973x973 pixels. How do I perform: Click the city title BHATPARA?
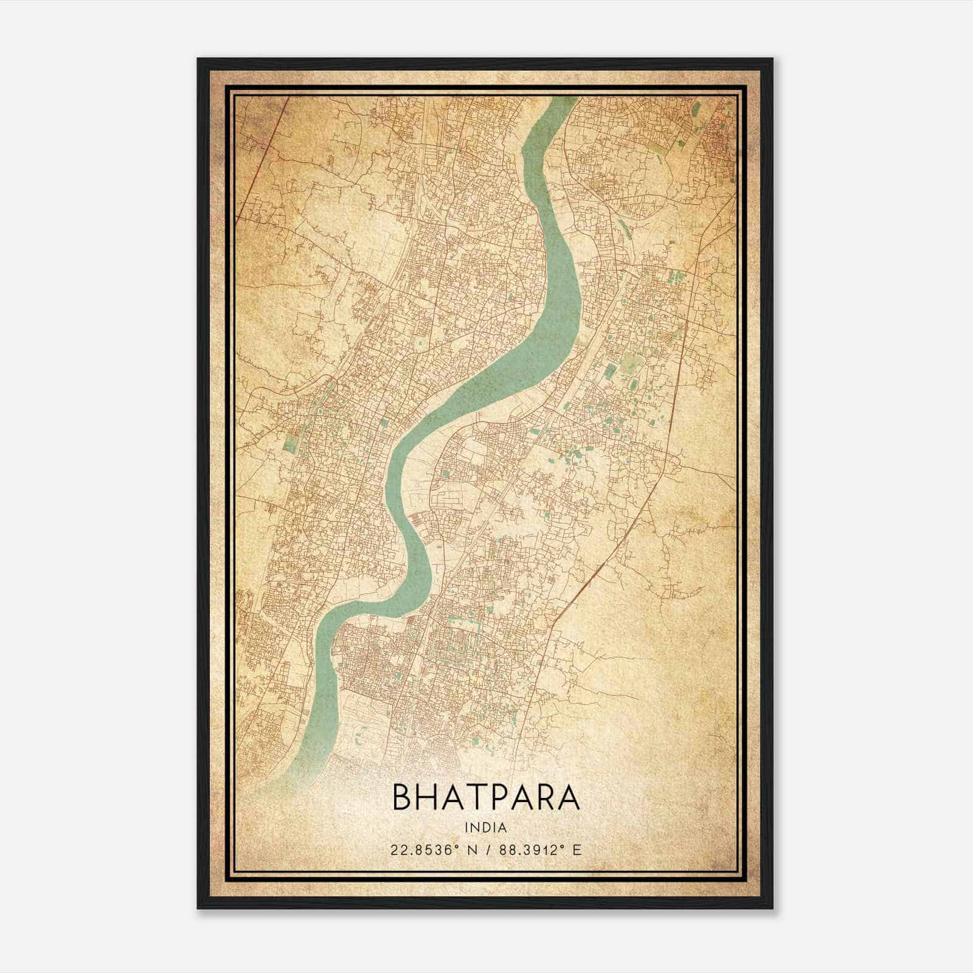point(486,797)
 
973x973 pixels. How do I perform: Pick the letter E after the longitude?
point(577,850)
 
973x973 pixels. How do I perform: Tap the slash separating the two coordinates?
point(488,850)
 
